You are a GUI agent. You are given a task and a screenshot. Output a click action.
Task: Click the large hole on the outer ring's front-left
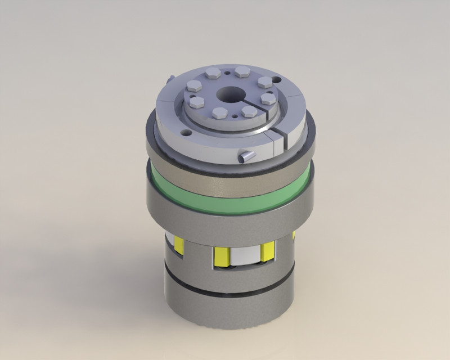tap(184, 132)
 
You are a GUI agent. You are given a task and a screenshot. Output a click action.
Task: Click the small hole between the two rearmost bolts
tap(226, 73)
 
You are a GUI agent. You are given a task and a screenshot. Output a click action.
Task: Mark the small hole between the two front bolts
tap(233, 115)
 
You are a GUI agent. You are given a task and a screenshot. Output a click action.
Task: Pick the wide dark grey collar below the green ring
tap(231, 219)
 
